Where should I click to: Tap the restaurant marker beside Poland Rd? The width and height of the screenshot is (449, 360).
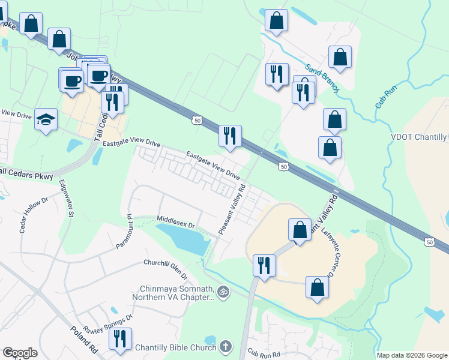point(120,339)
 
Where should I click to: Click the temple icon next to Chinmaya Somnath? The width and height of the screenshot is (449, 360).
point(223,292)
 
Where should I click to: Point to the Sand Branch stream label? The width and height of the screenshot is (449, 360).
point(321,78)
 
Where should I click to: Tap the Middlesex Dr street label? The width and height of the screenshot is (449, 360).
point(176,223)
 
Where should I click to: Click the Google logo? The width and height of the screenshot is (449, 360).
point(20,353)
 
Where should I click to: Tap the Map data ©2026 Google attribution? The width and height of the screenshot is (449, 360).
point(412,355)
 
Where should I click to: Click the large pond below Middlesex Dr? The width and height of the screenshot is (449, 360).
point(189,240)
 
